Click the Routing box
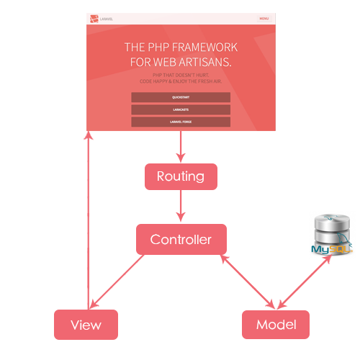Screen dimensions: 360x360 tap(181, 176)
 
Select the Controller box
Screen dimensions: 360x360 tap(181, 239)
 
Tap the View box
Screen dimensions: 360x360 tap(86, 325)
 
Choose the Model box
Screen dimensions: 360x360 tap(276, 325)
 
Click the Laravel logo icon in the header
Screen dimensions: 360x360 tap(93, 18)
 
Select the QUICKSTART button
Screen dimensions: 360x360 tap(181, 97)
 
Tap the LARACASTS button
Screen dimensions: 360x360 tap(181, 109)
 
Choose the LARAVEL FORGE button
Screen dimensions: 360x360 tap(181, 122)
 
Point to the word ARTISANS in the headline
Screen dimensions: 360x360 tap(203, 62)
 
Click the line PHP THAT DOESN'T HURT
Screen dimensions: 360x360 tap(181, 73)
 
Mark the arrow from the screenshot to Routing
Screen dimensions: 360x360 tap(181, 148)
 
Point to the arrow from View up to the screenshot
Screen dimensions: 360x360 tap(87, 216)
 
